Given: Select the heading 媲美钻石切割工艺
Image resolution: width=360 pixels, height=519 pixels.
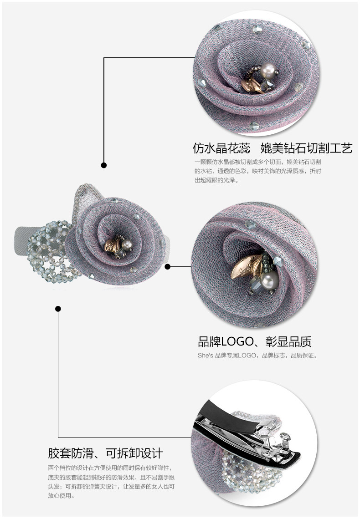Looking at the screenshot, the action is [x=306, y=148].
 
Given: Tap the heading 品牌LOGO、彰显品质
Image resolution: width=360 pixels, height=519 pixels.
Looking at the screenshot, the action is [x=255, y=341].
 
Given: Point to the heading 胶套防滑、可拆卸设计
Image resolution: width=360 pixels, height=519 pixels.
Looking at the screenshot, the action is [x=105, y=453].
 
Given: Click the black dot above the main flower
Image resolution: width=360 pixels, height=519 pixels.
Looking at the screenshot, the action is [x=104, y=165].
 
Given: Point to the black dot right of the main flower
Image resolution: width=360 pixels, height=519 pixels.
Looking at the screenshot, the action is [x=167, y=266].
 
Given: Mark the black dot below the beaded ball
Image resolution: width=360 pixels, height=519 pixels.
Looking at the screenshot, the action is [x=58, y=309].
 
